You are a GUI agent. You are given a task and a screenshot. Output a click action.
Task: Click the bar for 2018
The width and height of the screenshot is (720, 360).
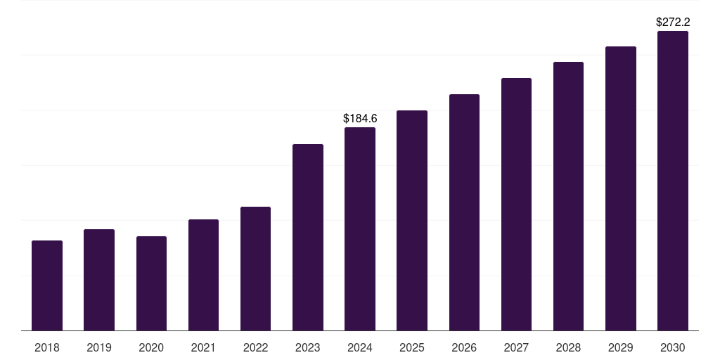click(47, 285)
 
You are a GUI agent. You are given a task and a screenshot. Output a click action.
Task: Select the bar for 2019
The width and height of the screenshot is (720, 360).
click(99, 280)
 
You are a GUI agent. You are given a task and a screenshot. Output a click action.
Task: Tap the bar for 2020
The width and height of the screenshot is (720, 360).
click(151, 283)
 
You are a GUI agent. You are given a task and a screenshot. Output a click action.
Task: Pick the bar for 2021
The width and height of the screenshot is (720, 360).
click(203, 275)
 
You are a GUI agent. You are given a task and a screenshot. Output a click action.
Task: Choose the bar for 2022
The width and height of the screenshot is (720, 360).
click(255, 269)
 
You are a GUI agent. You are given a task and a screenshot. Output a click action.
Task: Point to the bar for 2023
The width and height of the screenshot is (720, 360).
click(308, 238)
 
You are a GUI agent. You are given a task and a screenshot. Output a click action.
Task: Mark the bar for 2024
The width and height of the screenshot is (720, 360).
click(360, 229)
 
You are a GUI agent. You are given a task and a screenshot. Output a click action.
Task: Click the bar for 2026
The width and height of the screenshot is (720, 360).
click(464, 212)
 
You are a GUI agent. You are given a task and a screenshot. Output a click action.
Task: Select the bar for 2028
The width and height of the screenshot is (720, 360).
click(568, 196)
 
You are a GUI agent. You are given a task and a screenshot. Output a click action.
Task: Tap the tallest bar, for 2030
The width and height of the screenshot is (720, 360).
click(673, 181)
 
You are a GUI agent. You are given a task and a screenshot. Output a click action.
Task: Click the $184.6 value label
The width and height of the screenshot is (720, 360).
click(360, 119)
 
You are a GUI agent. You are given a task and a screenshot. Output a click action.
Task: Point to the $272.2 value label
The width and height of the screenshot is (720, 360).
click(673, 22)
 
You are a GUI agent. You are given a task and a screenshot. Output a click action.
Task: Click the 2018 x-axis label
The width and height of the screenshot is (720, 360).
click(47, 347)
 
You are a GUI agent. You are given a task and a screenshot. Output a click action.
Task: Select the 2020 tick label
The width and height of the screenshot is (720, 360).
click(151, 347)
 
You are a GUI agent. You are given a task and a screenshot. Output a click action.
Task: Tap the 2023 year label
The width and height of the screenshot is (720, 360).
click(308, 347)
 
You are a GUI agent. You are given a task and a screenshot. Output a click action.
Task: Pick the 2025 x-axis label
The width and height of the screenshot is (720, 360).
click(412, 347)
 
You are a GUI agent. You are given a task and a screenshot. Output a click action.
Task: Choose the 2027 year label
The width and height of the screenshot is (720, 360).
click(516, 347)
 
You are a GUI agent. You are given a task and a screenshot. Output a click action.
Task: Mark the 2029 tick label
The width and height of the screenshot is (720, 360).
click(621, 347)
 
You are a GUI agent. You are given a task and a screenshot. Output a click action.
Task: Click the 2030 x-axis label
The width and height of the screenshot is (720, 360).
click(673, 347)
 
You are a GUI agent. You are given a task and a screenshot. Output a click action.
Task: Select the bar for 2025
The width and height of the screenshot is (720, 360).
click(412, 221)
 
